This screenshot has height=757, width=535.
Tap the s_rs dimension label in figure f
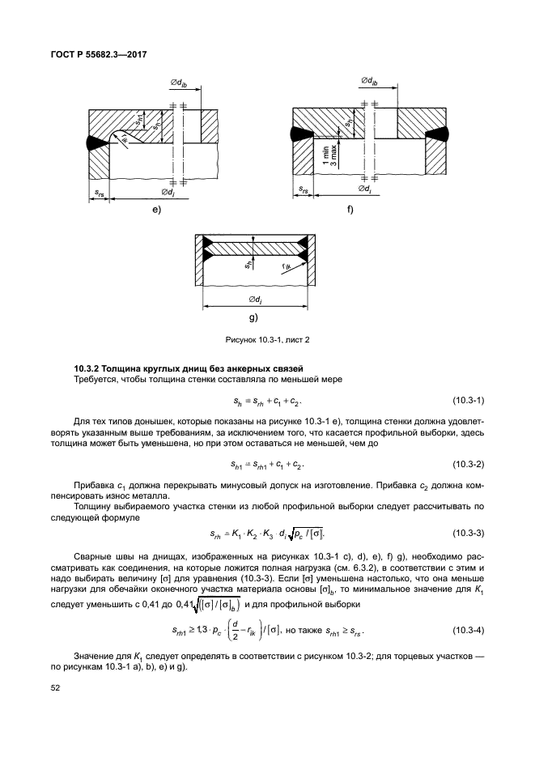[303, 190]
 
